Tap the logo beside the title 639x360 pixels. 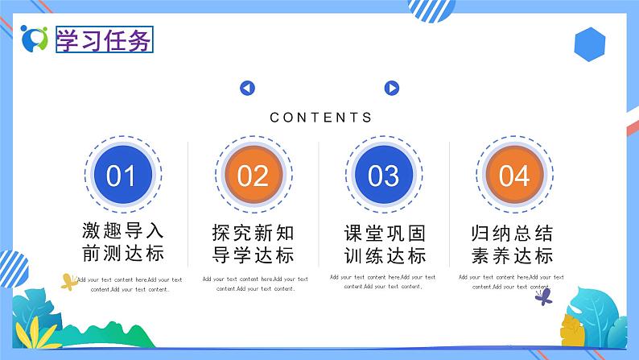point(35,38)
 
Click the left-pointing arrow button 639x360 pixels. point(247,89)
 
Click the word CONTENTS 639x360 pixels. point(321,118)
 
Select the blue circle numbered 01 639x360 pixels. point(122,175)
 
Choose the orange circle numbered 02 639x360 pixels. point(253,175)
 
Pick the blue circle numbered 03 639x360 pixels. point(383,175)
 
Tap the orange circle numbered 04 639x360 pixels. point(513,175)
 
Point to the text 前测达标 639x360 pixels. point(122,254)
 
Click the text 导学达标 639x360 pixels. point(253,256)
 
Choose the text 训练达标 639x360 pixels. point(384,256)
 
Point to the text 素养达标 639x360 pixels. point(513,256)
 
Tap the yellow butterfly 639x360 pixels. point(69,282)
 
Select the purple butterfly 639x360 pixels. point(543,296)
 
